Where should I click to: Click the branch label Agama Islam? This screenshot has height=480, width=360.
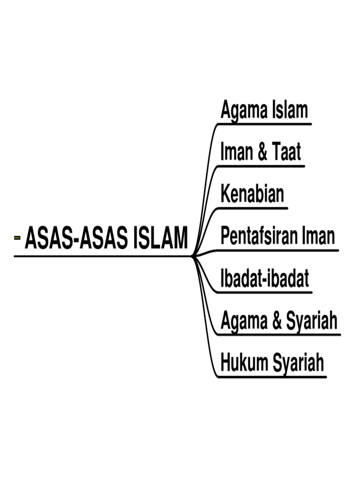pos(264,111)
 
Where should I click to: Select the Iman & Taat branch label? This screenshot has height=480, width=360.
pos(261,152)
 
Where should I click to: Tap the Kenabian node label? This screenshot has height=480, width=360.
pos(252,194)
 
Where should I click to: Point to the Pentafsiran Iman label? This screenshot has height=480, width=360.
pos(278,236)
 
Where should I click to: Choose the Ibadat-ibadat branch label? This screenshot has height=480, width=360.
pos(265,278)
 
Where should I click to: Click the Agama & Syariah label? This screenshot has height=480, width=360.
pos(279,321)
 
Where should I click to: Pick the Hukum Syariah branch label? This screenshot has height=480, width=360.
pos(272,363)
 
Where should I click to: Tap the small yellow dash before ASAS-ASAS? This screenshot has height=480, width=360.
pos(17,238)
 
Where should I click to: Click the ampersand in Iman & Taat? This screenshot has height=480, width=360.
pos(262,153)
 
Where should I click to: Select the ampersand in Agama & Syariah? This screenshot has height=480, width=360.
pos(276,321)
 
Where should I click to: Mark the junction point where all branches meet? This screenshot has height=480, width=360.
pos(193,256)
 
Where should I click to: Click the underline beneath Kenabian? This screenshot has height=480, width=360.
pos(253,208)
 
